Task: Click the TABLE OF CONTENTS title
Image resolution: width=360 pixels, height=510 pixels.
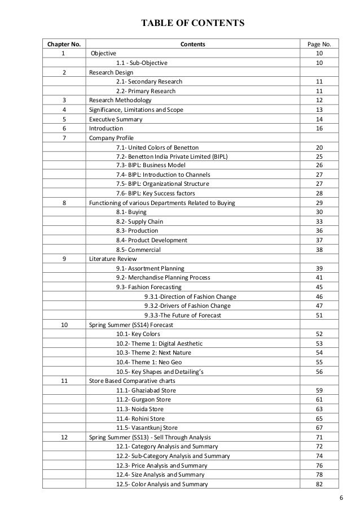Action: (x=192, y=23)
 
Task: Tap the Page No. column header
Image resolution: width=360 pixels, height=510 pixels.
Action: (x=319, y=44)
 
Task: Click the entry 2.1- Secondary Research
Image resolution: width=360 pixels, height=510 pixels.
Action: (x=149, y=82)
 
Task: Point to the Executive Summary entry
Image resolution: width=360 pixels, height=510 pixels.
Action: (x=116, y=120)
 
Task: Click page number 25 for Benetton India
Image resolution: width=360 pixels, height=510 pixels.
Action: (x=319, y=156)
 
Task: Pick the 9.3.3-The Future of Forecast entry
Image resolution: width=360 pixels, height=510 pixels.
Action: (x=183, y=315)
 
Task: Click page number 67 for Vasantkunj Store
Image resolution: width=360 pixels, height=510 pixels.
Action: (x=319, y=428)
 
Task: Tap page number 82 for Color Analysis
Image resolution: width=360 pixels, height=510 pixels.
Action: (x=319, y=484)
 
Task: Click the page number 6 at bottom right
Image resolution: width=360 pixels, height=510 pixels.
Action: (x=341, y=498)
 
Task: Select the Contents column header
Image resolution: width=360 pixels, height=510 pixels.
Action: (x=192, y=44)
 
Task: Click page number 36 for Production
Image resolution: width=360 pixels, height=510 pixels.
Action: (x=319, y=231)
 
